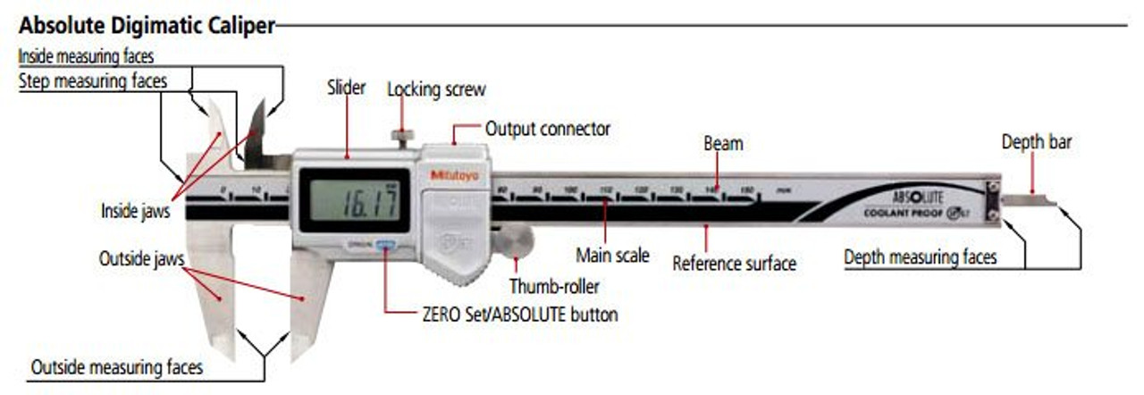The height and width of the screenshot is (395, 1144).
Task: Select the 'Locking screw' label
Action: click(x=436, y=89)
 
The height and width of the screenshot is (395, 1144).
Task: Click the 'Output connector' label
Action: click(x=547, y=129)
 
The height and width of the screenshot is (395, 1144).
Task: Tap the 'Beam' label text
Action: click(x=723, y=143)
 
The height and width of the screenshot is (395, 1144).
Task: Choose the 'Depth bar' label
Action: click(x=1036, y=142)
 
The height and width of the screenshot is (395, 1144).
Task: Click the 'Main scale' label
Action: click(x=612, y=256)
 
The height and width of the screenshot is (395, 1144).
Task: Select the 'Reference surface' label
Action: click(x=734, y=264)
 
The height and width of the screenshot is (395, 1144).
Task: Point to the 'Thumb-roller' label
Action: click(x=554, y=287)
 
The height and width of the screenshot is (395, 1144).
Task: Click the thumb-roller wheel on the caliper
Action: click(x=513, y=239)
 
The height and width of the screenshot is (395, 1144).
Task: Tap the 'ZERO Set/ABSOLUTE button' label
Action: click(x=518, y=315)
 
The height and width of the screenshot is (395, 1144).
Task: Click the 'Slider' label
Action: click(x=346, y=88)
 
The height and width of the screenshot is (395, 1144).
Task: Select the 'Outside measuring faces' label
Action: click(x=117, y=367)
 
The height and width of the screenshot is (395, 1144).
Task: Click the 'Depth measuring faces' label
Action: click(x=920, y=257)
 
